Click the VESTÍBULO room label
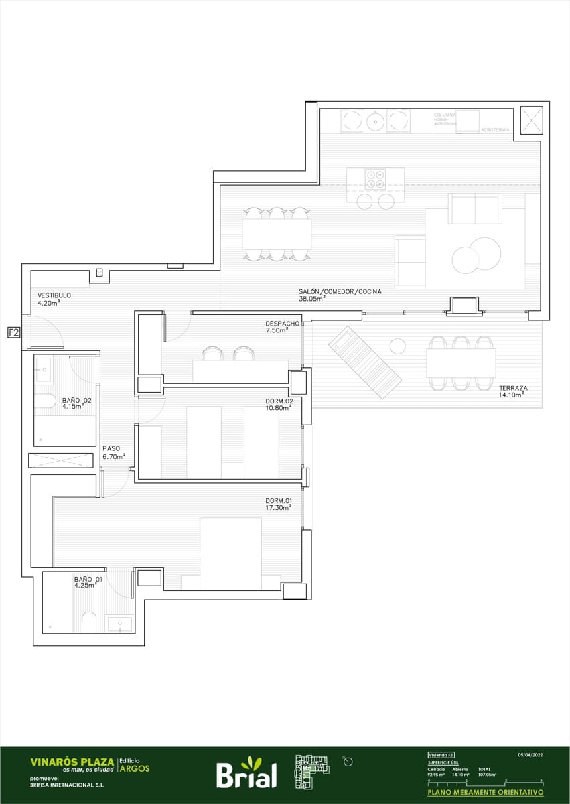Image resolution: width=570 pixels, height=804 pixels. [54, 295]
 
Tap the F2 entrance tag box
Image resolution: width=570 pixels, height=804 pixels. [13, 332]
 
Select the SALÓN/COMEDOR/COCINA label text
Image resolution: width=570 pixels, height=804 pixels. [340, 291]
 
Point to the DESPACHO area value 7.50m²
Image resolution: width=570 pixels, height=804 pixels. [276, 330]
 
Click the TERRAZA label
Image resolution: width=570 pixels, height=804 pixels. [513, 388]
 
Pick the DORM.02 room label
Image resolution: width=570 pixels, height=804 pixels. [279, 401]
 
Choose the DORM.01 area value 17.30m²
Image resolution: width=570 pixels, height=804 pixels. [277, 508]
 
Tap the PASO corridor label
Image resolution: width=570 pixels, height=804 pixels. [111, 449]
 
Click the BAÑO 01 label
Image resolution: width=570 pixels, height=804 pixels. [88, 578]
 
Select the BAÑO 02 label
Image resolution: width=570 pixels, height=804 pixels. [76, 400]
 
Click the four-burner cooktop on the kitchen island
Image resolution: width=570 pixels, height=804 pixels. [375, 179]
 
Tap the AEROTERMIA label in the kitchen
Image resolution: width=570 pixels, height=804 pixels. [495, 129]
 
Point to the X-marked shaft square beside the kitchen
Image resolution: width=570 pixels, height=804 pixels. [532, 120]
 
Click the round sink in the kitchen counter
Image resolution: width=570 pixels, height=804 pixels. [375, 121]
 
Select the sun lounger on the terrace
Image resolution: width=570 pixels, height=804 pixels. [364, 362]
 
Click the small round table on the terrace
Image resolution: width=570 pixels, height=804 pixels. [398, 346]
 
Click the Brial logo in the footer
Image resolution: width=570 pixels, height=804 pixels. [246, 773]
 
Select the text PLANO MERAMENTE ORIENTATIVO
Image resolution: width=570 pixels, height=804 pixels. [486, 791]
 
